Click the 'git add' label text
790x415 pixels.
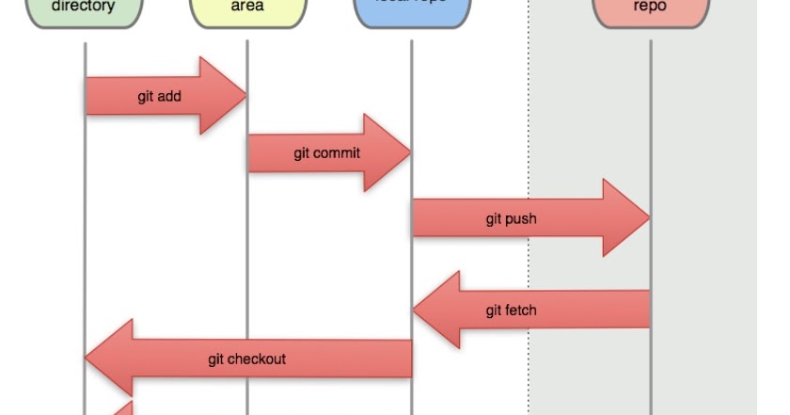point(159,96)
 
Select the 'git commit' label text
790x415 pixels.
point(326,153)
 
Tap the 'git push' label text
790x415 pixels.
point(511,218)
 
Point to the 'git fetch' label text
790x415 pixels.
point(512,310)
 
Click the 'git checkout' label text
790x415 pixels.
point(246,359)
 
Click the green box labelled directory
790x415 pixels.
point(84,12)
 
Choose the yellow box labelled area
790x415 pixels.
point(247,12)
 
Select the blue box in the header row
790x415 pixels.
point(411,12)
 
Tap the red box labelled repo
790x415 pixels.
point(650,12)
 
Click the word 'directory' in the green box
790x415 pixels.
point(84,7)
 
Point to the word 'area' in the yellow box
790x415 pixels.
point(247,7)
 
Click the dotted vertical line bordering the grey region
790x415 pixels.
point(529,141)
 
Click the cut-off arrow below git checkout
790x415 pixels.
point(124,407)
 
